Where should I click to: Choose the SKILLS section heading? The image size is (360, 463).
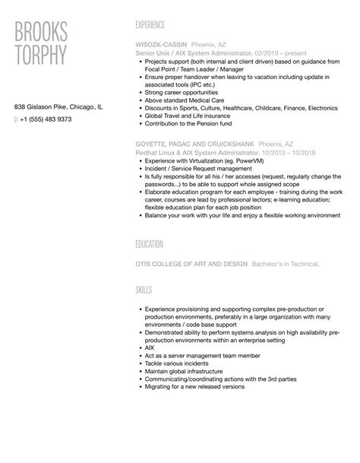point(144,290)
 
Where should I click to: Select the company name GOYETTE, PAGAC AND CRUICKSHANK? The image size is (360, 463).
point(194,143)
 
